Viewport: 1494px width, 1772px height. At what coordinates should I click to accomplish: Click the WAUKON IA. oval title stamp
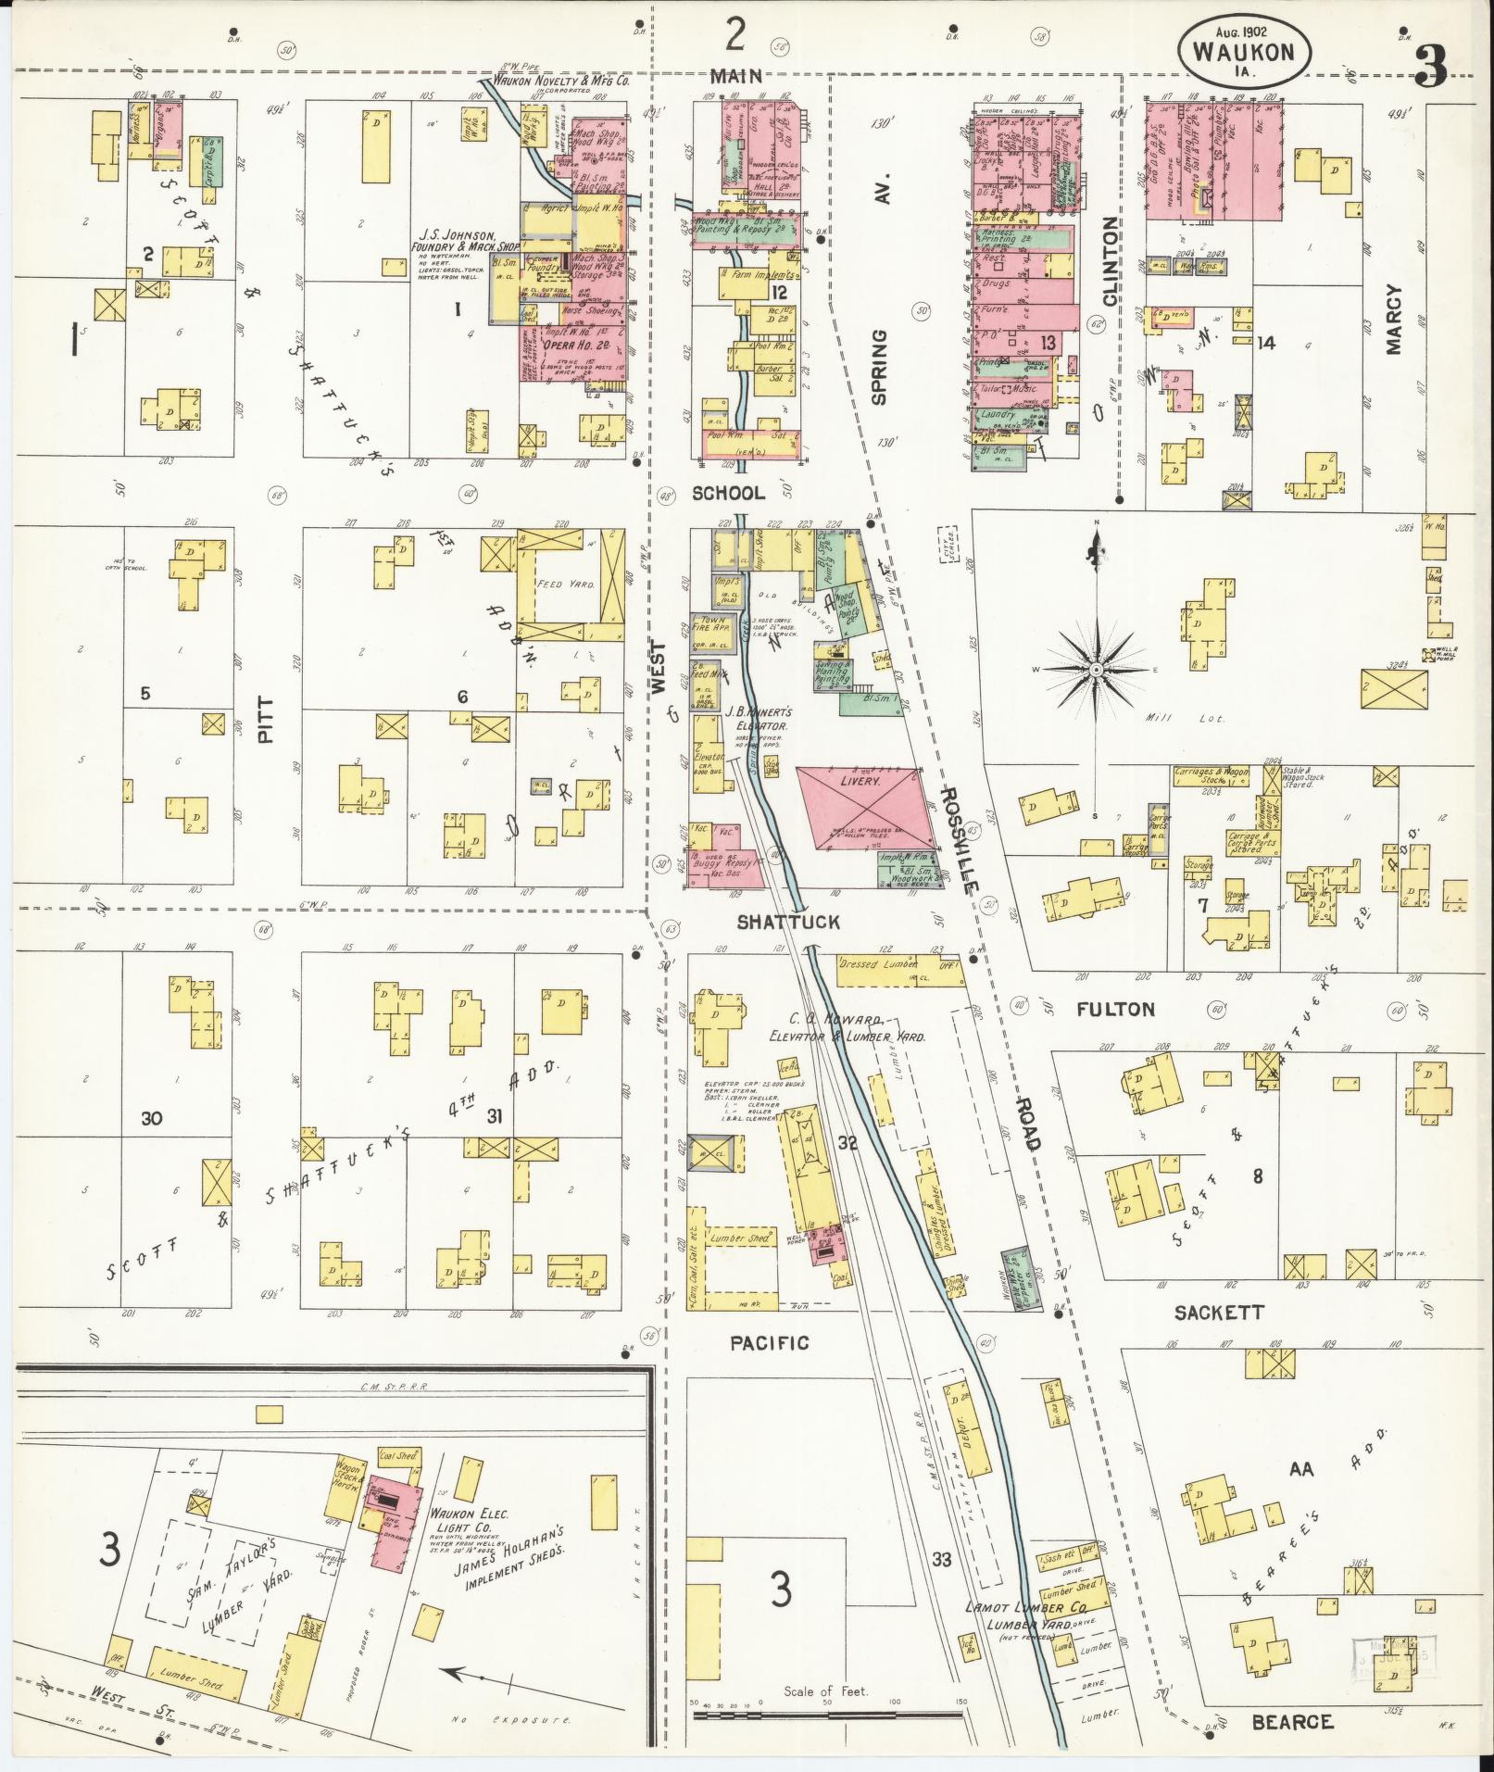click(x=1244, y=46)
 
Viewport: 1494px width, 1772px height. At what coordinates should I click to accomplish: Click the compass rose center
click(x=1096, y=669)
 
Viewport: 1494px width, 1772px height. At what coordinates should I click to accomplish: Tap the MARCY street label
click(x=1396, y=319)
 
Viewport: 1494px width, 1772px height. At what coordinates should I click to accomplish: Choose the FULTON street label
click(x=1115, y=1010)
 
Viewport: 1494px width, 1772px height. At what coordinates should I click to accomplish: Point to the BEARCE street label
click(x=1291, y=1722)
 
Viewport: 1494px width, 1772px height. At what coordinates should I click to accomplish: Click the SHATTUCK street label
click(x=788, y=922)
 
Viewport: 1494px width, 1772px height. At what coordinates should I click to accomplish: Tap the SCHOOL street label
click(x=728, y=493)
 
